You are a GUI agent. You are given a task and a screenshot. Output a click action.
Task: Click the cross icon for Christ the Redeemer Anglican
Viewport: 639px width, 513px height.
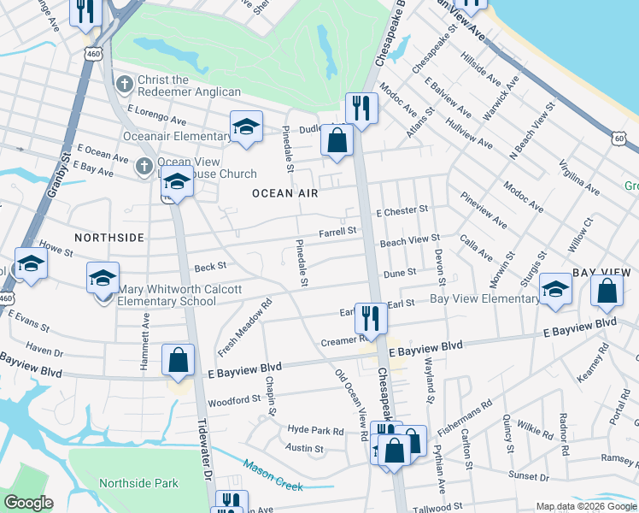click(x=125, y=84)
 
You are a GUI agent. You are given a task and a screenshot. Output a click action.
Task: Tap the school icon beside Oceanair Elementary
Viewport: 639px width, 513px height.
click(x=246, y=127)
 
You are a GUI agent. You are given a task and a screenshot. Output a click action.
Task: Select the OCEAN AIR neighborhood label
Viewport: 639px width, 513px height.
click(x=284, y=193)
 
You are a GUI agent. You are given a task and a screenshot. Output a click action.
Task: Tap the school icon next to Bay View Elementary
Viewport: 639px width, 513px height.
click(x=555, y=289)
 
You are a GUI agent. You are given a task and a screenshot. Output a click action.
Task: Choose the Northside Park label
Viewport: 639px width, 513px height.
click(x=138, y=483)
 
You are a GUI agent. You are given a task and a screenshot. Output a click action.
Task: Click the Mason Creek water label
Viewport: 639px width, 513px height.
click(x=273, y=475)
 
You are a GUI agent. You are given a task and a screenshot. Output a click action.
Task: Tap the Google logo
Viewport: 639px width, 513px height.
click(x=29, y=503)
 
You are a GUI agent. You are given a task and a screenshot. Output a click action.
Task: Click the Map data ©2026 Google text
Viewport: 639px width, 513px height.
click(x=586, y=506)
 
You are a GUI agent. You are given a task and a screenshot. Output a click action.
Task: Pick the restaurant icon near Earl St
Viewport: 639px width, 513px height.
click(x=370, y=316)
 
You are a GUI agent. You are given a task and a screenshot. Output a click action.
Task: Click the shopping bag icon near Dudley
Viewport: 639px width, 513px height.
click(x=337, y=141)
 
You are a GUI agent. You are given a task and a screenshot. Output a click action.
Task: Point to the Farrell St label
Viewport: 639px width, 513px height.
click(x=337, y=231)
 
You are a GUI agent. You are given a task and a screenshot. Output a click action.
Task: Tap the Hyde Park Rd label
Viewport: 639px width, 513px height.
click(x=315, y=431)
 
